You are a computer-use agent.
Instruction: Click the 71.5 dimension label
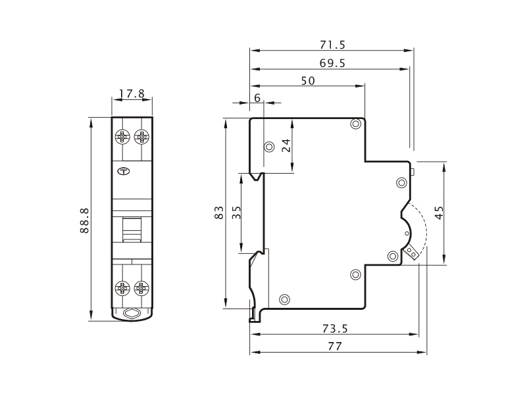332,45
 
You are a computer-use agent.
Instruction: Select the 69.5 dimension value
332,63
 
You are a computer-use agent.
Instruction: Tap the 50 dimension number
308,81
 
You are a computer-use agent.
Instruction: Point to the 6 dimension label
257,98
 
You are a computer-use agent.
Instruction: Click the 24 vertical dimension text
286,145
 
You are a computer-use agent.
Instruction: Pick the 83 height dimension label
219,212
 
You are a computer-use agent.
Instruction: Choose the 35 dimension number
237,212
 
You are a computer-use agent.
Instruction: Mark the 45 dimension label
439,212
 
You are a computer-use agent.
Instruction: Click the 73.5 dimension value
335,328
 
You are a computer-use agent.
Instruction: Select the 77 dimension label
335,346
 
